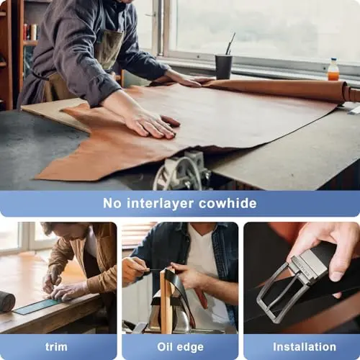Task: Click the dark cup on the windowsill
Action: pos(224,66)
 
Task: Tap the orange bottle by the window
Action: pos(333,70)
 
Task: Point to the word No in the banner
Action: pos(112,203)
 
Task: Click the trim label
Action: pos(56,346)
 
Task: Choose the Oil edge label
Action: pos(179,346)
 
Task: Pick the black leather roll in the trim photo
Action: pos(6,301)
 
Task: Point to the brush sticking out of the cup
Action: pos(230,45)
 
